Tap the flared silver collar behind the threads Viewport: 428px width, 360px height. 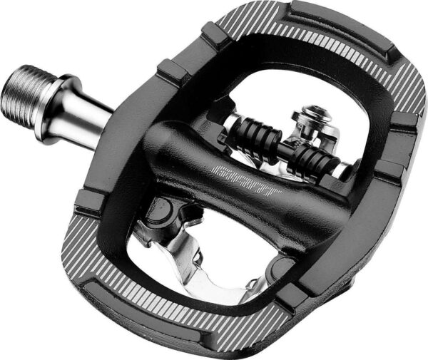(51, 100)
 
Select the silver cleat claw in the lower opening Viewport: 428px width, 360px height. (189, 257)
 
